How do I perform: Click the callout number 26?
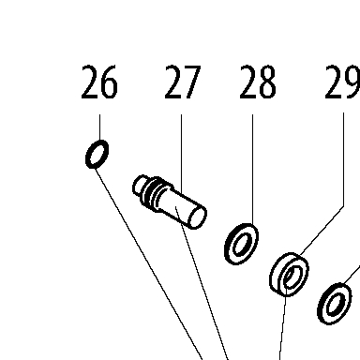point(99,82)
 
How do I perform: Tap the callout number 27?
point(182,82)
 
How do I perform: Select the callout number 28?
point(258,82)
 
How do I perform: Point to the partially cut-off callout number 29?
point(342,82)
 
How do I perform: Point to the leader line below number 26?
point(100,127)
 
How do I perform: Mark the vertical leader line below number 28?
point(253,169)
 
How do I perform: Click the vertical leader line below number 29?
point(344,159)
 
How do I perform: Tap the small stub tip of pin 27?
point(140,186)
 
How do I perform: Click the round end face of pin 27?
point(197,217)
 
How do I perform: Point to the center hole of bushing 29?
point(292,277)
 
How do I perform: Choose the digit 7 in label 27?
point(191,82)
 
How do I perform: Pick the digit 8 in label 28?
point(266,82)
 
